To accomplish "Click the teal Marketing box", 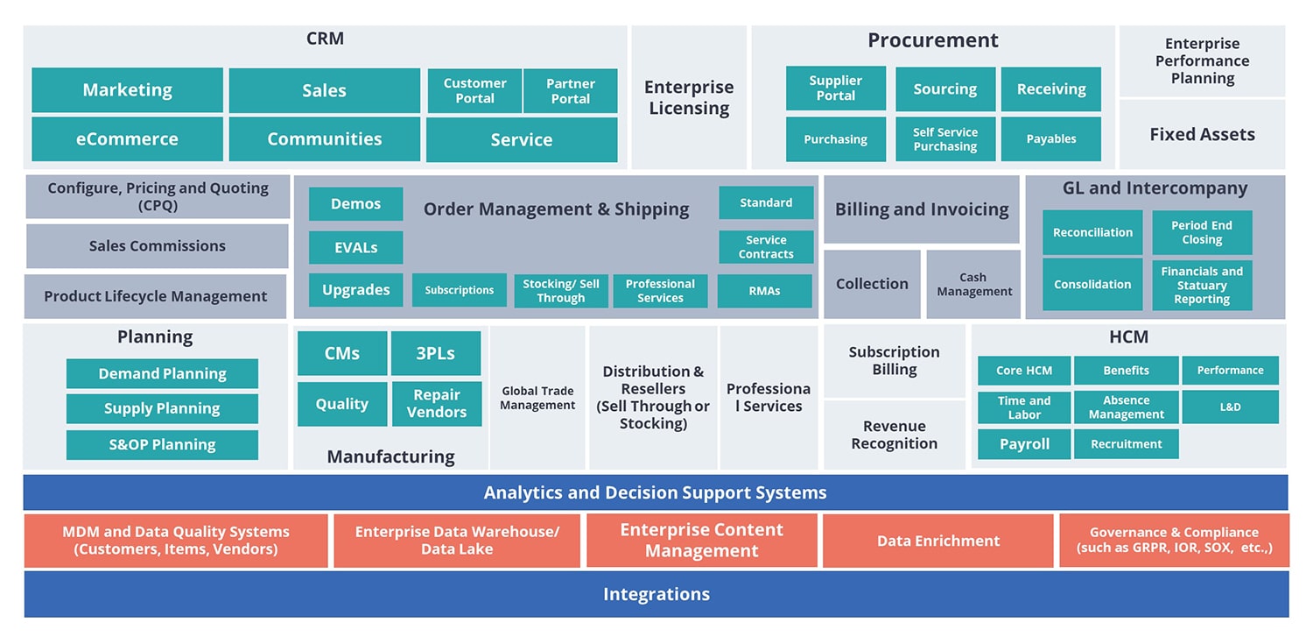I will [x=127, y=90].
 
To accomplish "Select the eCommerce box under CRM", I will [x=127, y=139].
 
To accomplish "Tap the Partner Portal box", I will [x=570, y=91].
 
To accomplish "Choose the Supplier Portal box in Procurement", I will [x=835, y=88].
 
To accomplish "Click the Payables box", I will [x=1050, y=139].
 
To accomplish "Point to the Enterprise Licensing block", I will [x=688, y=97].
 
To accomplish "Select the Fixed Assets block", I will [x=1202, y=135].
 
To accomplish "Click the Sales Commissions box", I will [x=157, y=246].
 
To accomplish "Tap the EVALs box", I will [x=355, y=248].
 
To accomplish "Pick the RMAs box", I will [x=764, y=291].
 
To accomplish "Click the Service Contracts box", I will [x=766, y=247].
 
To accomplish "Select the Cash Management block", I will [x=973, y=285].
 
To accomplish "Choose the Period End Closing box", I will [x=1201, y=232].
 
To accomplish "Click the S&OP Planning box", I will [x=162, y=445].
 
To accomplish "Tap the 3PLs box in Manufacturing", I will [x=435, y=354].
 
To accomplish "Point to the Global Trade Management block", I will [x=537, y=399].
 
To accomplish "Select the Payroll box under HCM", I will [x=1023, y=444].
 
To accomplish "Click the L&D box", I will [x=1230, y=407].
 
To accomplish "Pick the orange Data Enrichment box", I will [x=937, y=541].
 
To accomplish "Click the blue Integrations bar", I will [x=656, y=594].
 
